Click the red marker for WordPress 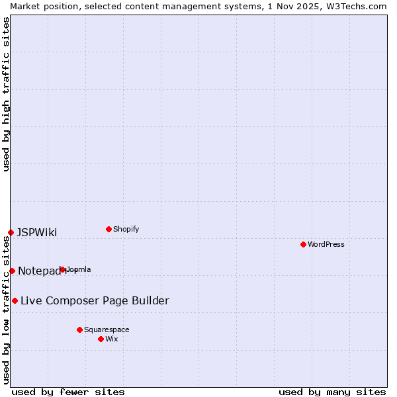point(303,244)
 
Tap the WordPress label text point(326,244)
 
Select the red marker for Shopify point(109,229)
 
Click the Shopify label point(126,229)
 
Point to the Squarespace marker point(79,330)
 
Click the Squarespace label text point(107,330)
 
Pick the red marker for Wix point(101,339)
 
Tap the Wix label point(112,339)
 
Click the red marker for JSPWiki point(11,232)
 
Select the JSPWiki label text point(37,232)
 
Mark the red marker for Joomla point(63,269)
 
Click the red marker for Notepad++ point(12,271)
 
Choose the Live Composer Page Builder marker point(15,300)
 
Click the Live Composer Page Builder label point(95,301)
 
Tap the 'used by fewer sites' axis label point(68,392)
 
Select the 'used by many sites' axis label point(332,392)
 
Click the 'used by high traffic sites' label point(6,94)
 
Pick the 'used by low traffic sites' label point(6,310)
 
